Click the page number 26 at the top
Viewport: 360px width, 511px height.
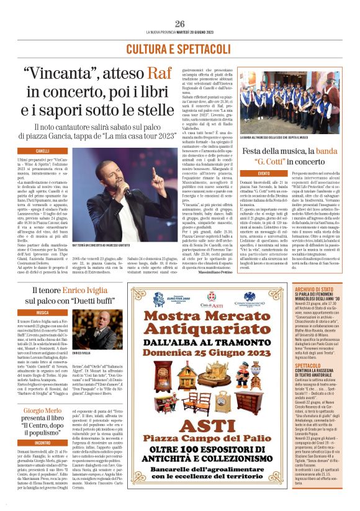(180, 24)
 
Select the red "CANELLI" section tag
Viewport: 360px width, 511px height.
(43, 151)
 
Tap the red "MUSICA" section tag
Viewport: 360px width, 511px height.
(43, 312)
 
